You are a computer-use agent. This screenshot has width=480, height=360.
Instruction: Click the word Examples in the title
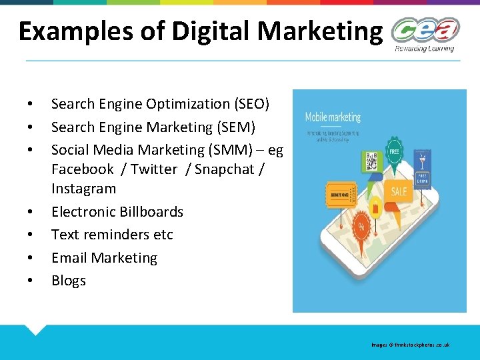pyautogui.click(x=61, y=31)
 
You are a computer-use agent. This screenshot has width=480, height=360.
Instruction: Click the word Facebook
pyautogui.click(x=83, y=169)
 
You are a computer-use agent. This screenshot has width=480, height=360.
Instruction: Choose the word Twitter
pyautogui.click(x=154, y=169)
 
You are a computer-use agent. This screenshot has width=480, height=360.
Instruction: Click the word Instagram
pyautogui.click(x=83, y=189)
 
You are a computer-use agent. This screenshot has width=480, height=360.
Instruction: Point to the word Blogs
pyautogui.click(x=69, y=281)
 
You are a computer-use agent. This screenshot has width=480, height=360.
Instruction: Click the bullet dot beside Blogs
pyautogui.click(x=30, y=281)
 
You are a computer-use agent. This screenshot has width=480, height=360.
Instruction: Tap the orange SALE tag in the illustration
pyautogui.click(x=399, y=191)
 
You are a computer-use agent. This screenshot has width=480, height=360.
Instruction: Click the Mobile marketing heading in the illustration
pyautogui.click(x=333, y=117)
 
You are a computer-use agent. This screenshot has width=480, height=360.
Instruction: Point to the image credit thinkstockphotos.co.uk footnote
pyautogui.click(x=411, y=345)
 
